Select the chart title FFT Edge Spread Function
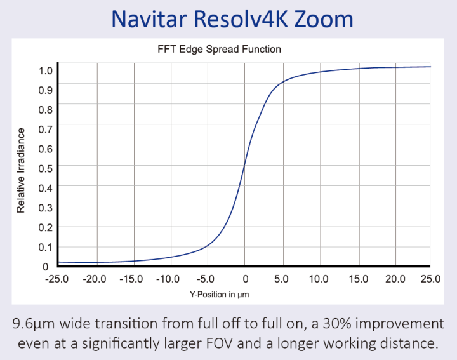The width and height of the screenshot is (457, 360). [x=219, y=49]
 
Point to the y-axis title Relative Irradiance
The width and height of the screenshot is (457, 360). [x=21, y=170]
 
